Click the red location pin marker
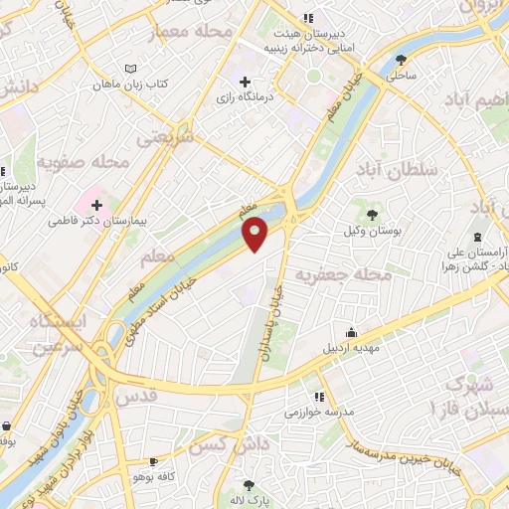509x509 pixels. [256, 235]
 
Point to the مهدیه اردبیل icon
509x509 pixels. [351, 334]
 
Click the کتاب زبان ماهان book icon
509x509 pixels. [128, 68]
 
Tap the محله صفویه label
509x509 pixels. [84, 161]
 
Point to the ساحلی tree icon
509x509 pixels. [401, 59]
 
